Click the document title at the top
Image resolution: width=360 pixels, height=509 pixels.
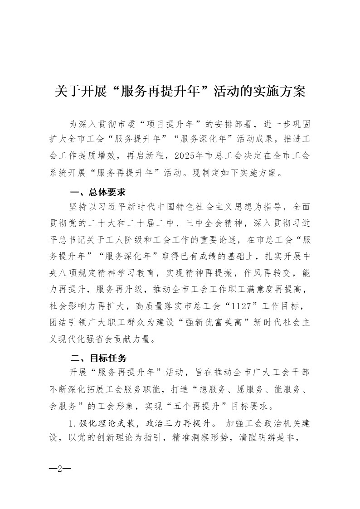[x=180, y=92]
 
